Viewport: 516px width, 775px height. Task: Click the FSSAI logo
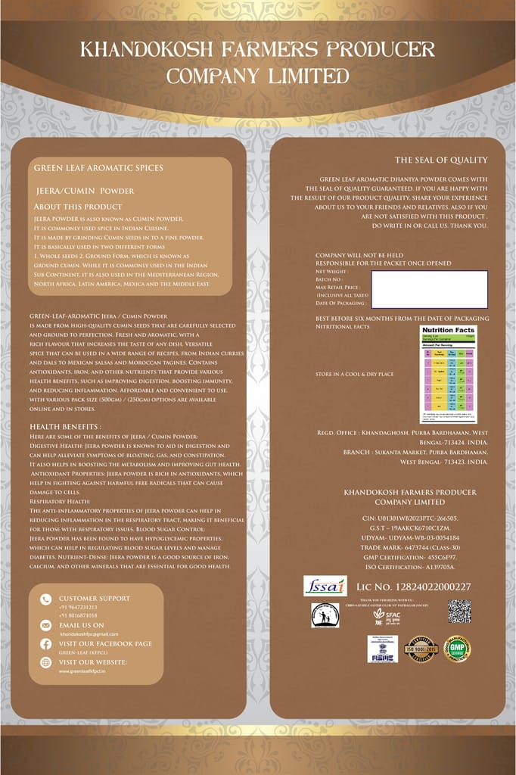[x=325, y=586]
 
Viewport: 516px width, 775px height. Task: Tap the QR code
[x=459, y=612]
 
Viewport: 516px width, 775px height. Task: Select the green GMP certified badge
[x=457, y=649]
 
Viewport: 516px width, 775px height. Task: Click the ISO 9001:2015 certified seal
[x=421, y=649]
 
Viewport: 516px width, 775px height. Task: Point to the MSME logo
[x=382, y=649]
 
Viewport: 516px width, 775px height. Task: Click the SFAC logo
[x=386, y=615]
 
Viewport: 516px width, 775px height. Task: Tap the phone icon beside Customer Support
[x=46, y=599]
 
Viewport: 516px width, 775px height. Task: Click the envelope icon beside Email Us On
[x=46, y=625]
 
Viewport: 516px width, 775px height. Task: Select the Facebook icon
[x=46, y=644]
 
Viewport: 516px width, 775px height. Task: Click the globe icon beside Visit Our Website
[x=46, y=662]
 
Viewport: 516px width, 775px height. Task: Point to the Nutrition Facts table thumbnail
[x=449, y=374]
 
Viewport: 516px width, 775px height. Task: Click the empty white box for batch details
[x=429, y=289]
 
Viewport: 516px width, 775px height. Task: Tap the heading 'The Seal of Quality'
[x=441, y=160]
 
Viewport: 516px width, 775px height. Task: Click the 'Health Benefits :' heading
[x=65, y=427]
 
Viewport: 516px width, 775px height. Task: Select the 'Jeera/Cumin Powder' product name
[x=85, y=191]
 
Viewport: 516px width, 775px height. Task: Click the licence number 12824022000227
[x=413, y=587]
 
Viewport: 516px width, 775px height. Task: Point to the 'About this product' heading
[x=77, y=207]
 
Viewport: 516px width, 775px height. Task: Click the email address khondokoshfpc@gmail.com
[x=89, y=633]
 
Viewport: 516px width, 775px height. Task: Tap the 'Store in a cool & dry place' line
[x=354, y=374]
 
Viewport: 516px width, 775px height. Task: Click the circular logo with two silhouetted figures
[x=325, y=615]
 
